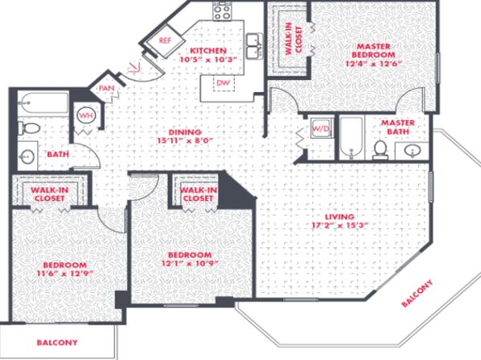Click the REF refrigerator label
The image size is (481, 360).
coord(165,40)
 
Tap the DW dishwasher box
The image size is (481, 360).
coord(224,83)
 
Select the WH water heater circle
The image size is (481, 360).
coord(86,115)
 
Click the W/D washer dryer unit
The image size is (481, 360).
coord(321,128)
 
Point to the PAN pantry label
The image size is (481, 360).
coord(107,88)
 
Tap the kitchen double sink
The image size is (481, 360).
coord(254,46)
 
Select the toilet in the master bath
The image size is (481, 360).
coord(380,150)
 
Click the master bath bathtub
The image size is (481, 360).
coord(352,138)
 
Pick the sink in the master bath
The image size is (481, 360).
coord(412,151)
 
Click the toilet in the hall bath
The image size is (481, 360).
coord(28,128)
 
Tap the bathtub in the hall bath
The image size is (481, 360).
coord(43,103)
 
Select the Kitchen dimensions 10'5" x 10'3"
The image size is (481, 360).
coord(208,60)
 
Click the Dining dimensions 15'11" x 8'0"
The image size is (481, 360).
coord(185,141)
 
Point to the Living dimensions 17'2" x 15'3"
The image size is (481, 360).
coord(340,225)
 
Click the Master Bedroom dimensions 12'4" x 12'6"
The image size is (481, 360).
coord(374,64)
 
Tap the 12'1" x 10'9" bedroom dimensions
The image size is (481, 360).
coord(190,263)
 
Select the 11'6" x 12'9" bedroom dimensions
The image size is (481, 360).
coord(65,274)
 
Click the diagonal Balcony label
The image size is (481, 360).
coord(417,293)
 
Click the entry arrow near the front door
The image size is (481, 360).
coord(134,67)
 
